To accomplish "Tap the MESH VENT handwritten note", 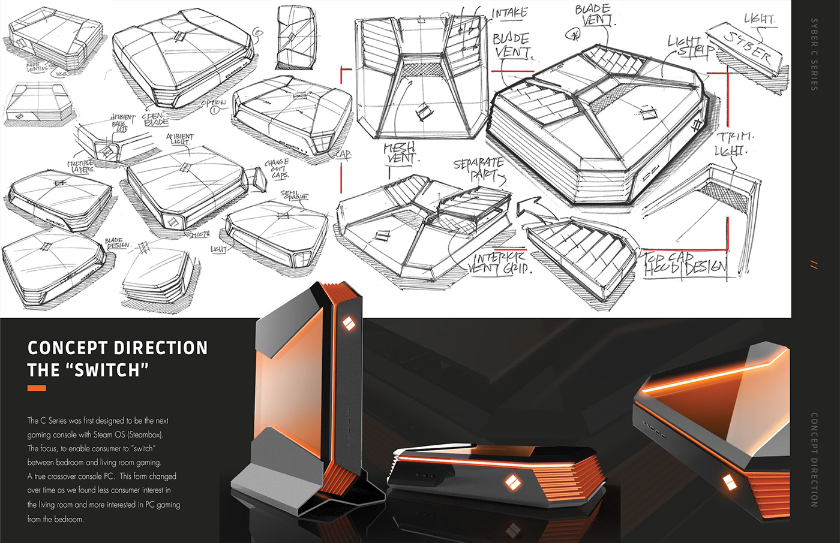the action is [400, 153].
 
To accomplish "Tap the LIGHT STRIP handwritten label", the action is [690, 47].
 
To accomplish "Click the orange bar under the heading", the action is [37, 388].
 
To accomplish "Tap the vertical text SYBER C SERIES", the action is [814, 54].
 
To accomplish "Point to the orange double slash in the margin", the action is [814, 264].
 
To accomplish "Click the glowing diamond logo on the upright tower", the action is [347, 324].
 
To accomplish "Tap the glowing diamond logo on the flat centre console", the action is [512, 482].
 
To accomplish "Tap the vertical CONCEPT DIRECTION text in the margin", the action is [814, 459].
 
